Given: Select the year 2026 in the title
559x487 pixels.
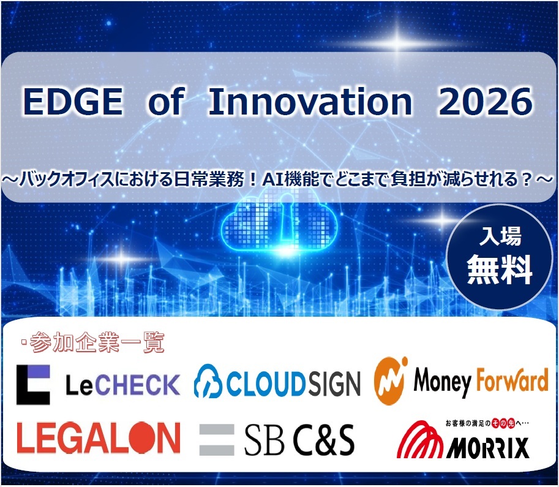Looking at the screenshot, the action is point(485,102).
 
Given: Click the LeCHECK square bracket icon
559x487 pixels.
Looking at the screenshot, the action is point(33,384).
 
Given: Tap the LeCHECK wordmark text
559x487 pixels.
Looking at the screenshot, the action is point(123,385).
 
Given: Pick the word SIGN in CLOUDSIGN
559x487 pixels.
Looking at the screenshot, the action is point(334,384).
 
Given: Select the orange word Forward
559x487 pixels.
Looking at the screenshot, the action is point(512,380).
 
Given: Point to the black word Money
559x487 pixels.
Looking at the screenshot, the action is point(443,382).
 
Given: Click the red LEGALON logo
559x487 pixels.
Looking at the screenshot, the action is point(99,437).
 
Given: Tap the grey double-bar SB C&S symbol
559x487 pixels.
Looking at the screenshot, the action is point(217,440).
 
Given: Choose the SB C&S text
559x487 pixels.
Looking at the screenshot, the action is point(299,440).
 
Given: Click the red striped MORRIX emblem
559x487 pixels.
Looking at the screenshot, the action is point(420,439).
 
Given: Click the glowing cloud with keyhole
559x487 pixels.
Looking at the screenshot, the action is point(279,224).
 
